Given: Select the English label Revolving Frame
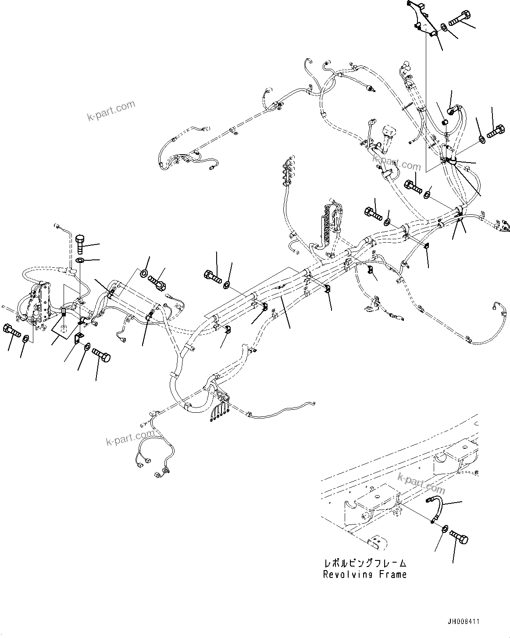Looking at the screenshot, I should pyautogui.click(x=364, y=574).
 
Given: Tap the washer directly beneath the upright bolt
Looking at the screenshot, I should pyautogui.click(x=80, y=261).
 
